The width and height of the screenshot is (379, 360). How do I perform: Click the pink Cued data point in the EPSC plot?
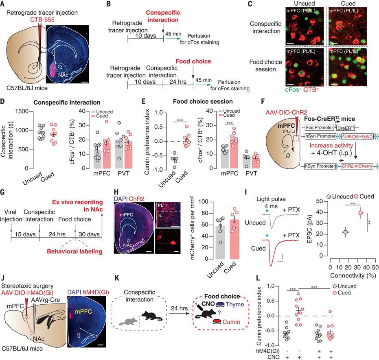pos(360,212)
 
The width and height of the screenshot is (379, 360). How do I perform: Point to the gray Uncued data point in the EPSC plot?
pos(346,232)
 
